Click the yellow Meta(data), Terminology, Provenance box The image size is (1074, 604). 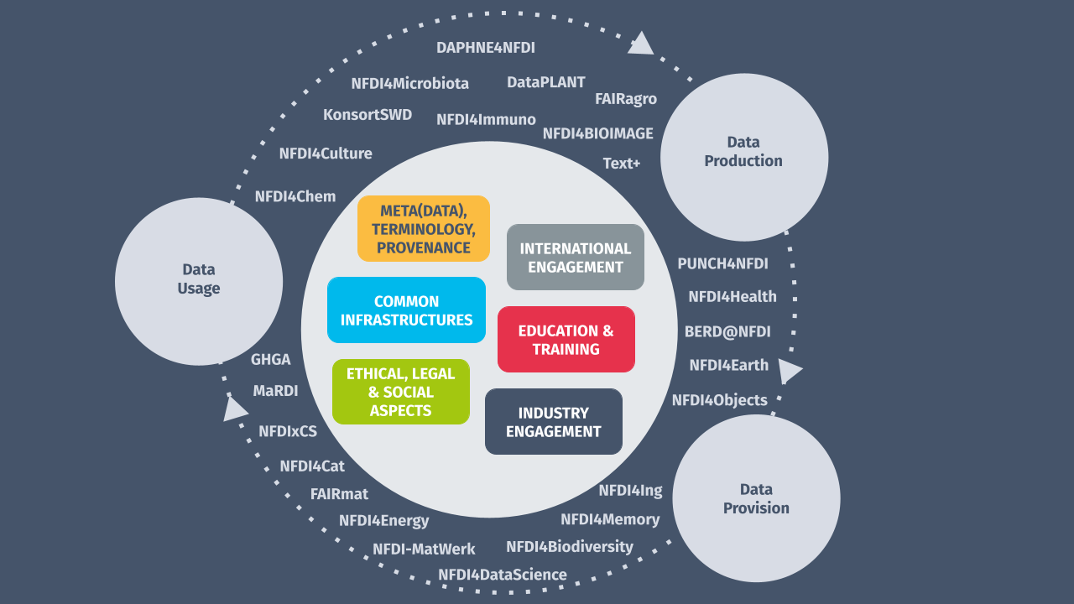423,229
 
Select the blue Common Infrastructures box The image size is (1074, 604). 406,310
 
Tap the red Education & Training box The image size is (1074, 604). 566,340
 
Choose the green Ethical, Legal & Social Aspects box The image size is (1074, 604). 400,392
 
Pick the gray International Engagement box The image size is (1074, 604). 575,258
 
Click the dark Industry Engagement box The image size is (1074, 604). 553,422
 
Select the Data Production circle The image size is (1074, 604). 743,157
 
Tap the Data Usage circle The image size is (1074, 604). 199,281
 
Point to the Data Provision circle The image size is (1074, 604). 756,498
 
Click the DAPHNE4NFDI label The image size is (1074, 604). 485,48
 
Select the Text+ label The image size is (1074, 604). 621,164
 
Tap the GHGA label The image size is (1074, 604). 270,360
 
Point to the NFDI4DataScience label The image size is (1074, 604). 502,575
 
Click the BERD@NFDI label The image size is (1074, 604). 727,331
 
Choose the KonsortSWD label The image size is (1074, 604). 368,115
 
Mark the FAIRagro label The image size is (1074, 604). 625,99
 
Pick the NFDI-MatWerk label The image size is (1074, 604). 424,549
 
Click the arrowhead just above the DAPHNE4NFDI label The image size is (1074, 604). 641,44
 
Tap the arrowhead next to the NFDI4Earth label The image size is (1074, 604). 789,370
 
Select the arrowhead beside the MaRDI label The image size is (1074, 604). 235,409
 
